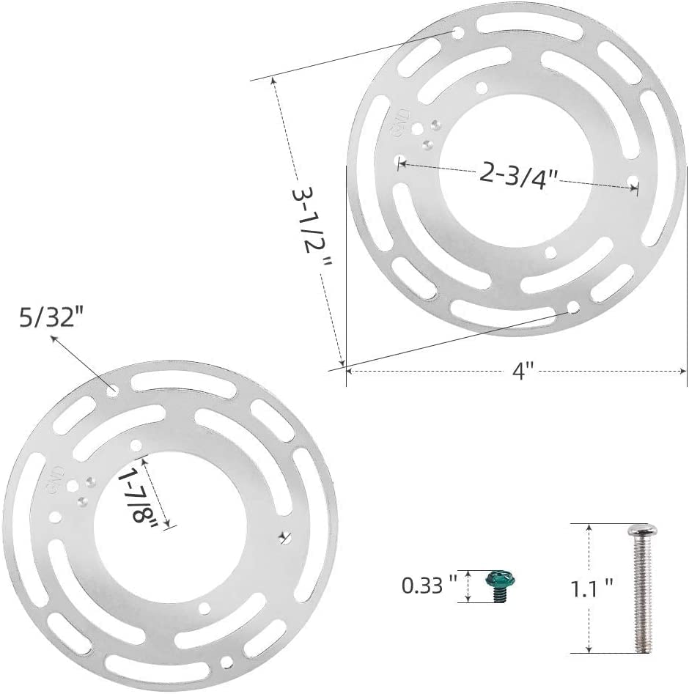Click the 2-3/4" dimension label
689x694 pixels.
519,174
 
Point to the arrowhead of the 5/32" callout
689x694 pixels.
54,337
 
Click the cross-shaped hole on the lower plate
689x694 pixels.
284,538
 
